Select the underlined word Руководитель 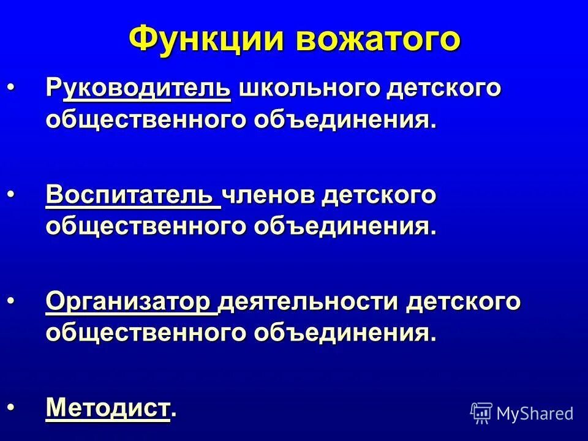point(138,89)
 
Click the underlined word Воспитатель point(132,195)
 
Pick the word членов point(269,195)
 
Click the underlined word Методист point(107,407)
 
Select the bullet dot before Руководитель point(14,89)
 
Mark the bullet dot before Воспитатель point(14,195)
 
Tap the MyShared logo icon point(481,413)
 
